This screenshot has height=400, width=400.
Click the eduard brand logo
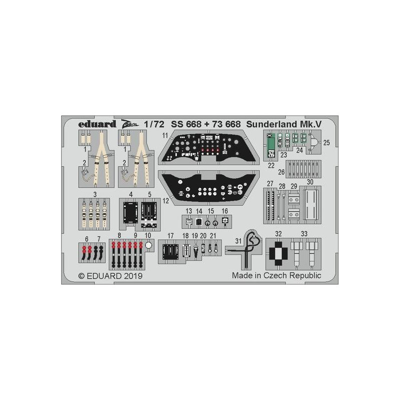click(97, 124)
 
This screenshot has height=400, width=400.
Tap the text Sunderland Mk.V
click(283, 124)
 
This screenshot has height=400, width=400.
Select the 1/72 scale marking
click(154, 124)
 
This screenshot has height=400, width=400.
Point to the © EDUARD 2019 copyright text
click(110, 276)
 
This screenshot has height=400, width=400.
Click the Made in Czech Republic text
click(276, 275)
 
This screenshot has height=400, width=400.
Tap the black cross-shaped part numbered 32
click(278, 253)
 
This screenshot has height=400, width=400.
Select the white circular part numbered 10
click(148, 245)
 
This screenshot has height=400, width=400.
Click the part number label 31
click(238, 241)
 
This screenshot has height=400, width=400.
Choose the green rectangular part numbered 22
click(271, 145)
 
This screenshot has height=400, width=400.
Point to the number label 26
click(281, 172)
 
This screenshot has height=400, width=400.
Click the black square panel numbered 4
click(130, 213)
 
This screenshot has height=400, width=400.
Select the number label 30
click(310, 182)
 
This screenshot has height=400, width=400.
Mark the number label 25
click(326, 142)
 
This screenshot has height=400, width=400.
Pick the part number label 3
click(95, 194)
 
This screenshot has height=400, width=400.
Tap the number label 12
click(166, 201)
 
